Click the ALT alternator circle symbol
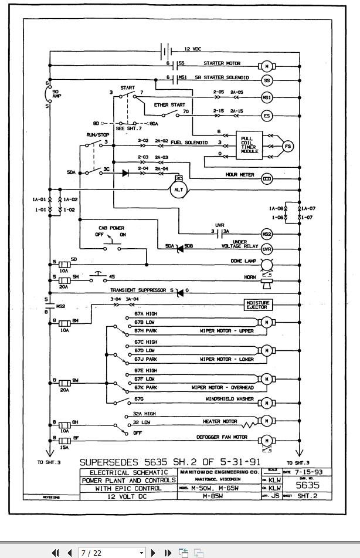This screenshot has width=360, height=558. (178, 190)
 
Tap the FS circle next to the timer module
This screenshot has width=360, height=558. (287, 146)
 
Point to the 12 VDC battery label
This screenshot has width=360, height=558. (193, 49)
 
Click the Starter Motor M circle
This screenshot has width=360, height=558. (267, 64)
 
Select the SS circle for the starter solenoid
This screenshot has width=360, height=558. (267, 80)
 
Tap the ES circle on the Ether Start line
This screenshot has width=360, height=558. (267, 116)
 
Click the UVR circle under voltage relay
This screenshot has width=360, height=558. (267, 249)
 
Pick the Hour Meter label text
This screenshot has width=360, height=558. (239, 175)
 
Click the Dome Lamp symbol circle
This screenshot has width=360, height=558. (267, 263)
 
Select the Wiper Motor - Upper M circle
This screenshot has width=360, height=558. (267, 322)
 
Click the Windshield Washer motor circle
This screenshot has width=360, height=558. (267, 404)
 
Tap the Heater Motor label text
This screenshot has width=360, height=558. (220, 421)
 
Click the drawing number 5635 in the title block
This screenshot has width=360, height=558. (307, 485)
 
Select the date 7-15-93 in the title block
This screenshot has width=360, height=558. (315, 472)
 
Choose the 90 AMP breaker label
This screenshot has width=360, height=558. (57, 94)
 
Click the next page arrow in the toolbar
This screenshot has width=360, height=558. (154, 553)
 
